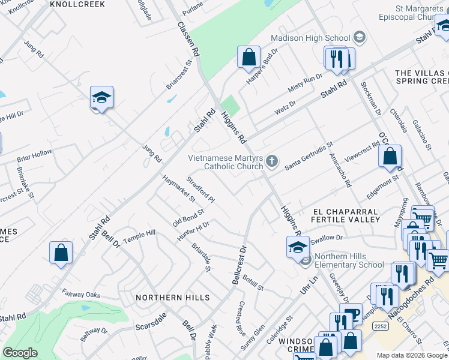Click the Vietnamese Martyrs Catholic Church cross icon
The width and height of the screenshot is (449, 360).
pyautogui.click(x=272, y=160)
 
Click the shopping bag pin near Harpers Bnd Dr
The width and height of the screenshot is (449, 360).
pyautogui.click(x=249, y=58)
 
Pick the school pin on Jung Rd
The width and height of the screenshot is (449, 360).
pyautogui.click(x=102, y=98)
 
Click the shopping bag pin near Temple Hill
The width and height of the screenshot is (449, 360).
pyautogui.click(x=61, y=252)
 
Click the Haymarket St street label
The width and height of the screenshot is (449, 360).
pyautogui.click(x=179, y=187)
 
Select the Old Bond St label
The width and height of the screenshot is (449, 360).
pyautogui.click(x=188, y=214)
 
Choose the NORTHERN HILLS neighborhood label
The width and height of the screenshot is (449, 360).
pyautogui.click(x=172, y=298)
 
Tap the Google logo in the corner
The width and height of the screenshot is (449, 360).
pyautogui.click(x=20, y=353)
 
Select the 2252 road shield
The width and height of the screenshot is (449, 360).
pyautogui.click(x=380, y=326)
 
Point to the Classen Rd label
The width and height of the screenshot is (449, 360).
pyautogui.click(x=187, y=40)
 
